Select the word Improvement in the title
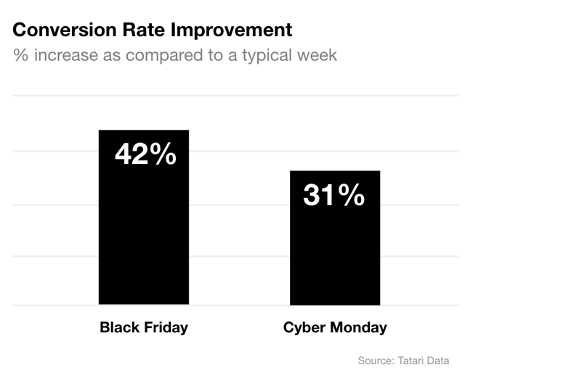click(x=230, y=30)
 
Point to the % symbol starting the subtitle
click(x=20, y=55)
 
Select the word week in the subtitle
click(x=318, y=55)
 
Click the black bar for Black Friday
click(x=144, y=239)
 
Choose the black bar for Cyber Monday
click(x=334, y=254)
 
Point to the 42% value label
click(x=145, y=154)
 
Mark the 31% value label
click(x=334, y=195)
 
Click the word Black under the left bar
click(x=119, y=328)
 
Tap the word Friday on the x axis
click(x=165, y=328)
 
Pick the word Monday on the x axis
click(x=359, y=328)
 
